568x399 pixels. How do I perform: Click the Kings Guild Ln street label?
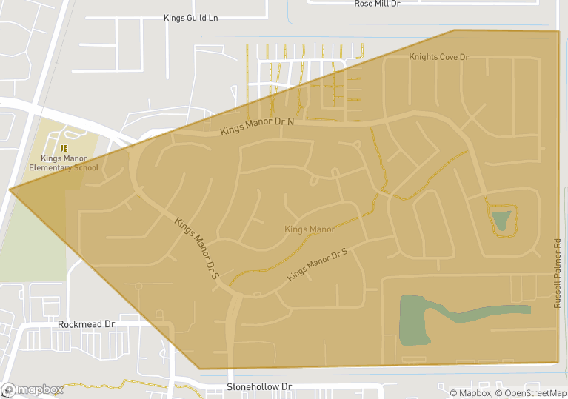click(191, 18)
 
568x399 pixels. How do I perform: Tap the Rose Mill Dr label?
click(377, 4)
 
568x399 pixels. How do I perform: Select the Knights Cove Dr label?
click(439, 57)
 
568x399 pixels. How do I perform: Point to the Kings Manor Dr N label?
click(257, 127)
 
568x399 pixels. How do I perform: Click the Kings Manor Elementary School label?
click(64, 163)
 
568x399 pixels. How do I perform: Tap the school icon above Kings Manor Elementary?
click(64, 148)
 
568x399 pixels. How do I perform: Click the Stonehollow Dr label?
click(259, 387)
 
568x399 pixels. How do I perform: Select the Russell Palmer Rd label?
click(558, 272)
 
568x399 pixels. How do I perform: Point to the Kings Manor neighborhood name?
click(310, 229)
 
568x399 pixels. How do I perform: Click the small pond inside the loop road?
click(501, 220)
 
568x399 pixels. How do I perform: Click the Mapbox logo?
click(33, 389)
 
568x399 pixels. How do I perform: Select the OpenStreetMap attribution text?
click(530, 393)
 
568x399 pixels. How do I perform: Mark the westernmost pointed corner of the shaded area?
click(10, 190)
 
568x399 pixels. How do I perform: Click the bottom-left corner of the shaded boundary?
click(199, 368)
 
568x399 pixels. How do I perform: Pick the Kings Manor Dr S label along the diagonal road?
click(198, 247)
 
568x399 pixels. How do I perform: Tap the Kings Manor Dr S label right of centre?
click(317, 265)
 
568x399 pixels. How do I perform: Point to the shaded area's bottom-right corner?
click(558, 362)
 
